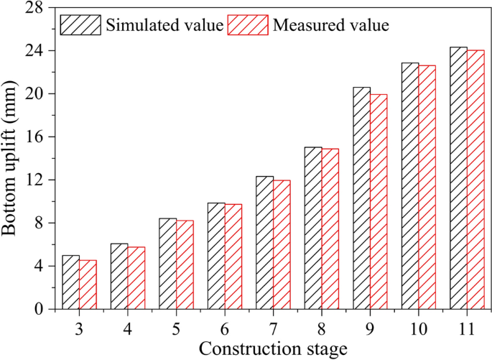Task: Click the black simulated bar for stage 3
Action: pos(70,282)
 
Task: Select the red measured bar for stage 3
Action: pos(88,284)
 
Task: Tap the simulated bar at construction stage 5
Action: pos(167,263)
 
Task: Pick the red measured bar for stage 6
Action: pos(233,257)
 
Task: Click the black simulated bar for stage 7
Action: pos(264,242)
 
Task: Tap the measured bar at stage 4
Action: pos(136,277)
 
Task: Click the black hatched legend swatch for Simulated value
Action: pos(80,25)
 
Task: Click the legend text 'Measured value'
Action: pos(331,26)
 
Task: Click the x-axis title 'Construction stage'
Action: pos(273,349)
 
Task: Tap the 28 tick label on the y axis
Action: pos(37,9)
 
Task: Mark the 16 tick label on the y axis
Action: pos(37,137)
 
